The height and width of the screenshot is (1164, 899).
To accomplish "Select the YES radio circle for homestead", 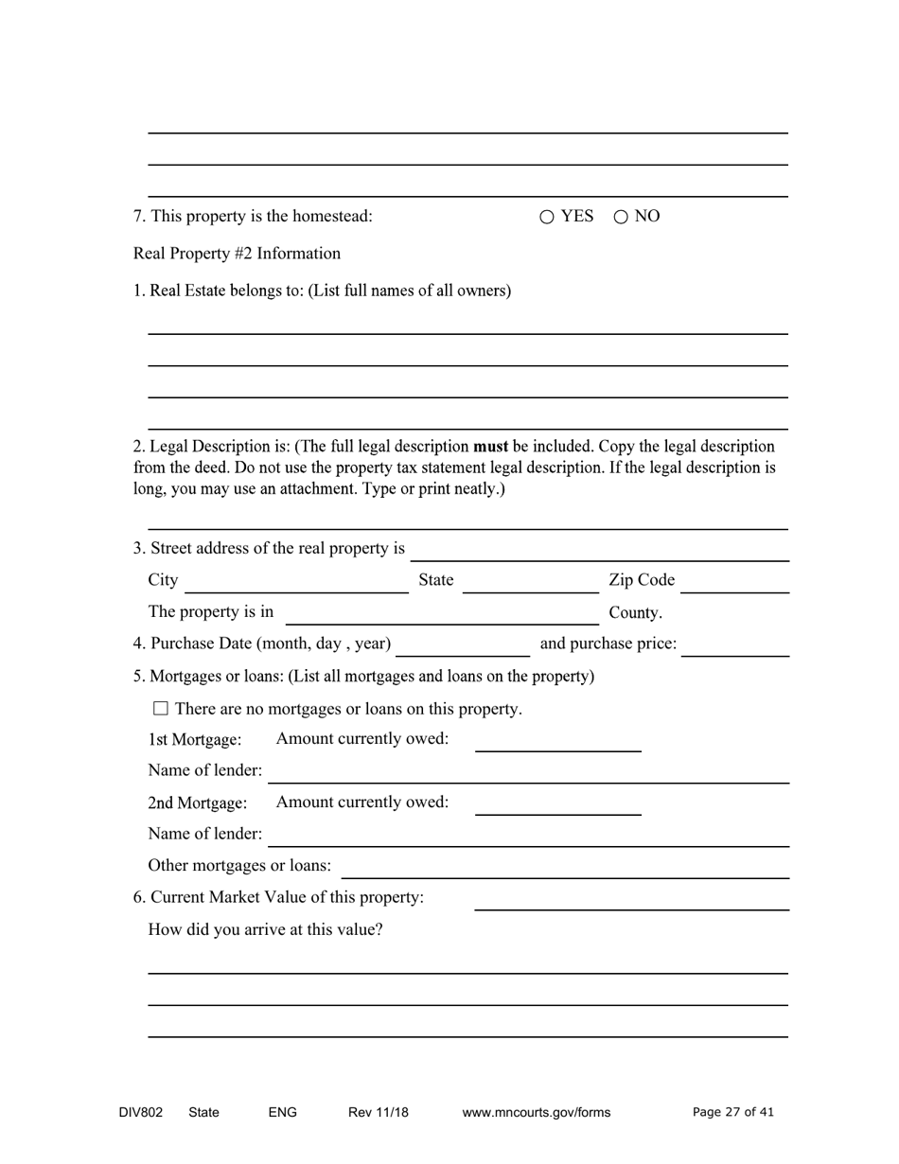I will point(547,217).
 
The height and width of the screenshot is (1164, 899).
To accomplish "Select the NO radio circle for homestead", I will point(621,217).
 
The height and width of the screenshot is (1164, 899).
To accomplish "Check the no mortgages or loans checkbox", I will point(160,708).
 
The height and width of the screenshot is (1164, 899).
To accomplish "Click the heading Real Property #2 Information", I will point(237,254).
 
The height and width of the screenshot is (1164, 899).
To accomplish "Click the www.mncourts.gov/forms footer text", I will point(536,1113).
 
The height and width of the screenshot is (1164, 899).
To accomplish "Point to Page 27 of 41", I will point(732,1113).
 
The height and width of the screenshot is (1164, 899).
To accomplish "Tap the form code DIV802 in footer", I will point(140,1113).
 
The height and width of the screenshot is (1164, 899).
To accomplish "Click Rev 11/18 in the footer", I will point(378,1113).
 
